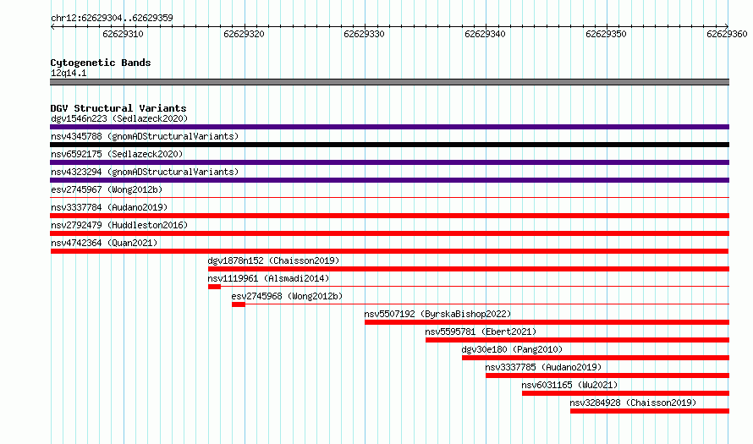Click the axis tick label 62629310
tap(123, 34)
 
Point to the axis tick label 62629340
tap(485, 34)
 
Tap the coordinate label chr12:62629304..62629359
tap(112, 19)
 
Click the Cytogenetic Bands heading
tap(101, 63)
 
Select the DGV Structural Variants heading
tap(118, 108)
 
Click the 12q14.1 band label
tap(69, 73)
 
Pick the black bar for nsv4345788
tap(389, 145)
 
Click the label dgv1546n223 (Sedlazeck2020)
tap(119, 118)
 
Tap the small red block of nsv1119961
tap(214, 287)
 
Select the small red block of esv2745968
tap(239, 304)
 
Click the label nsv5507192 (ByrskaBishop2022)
tap(437, 314)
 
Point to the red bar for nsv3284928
tap(650, 411)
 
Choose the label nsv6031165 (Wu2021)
tap(569, 385)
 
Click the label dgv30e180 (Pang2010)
tap(512, 349)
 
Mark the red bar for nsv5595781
tap(577, 340)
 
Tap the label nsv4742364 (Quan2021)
tap(104, 243)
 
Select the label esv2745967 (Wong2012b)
tap(107, 189)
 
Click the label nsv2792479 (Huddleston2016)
tap(119, 225)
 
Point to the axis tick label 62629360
tap(727, 34)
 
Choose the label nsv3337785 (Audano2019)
tap(543, 367)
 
